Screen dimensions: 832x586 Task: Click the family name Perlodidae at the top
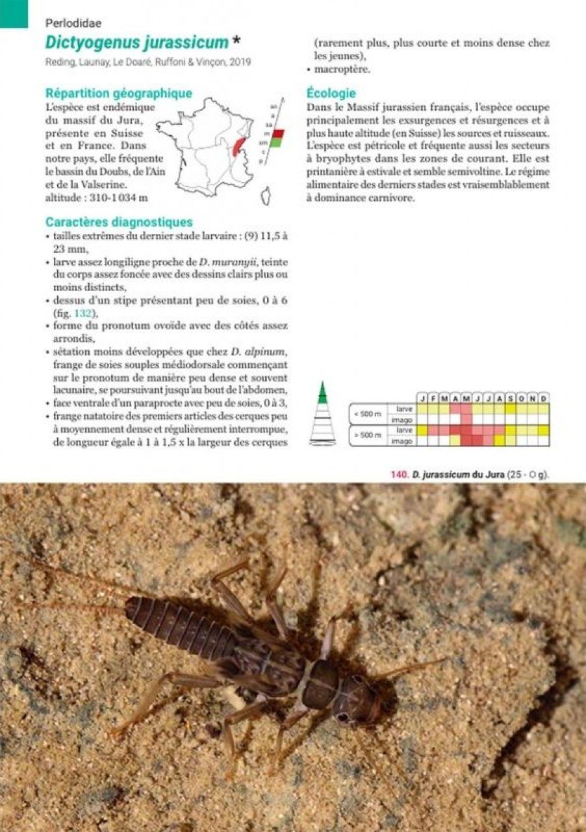coord(73,23)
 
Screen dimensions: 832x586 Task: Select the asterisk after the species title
coord(236,41)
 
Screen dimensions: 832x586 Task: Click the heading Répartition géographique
coord(118,93)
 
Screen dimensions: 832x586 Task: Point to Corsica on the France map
coord(265,194)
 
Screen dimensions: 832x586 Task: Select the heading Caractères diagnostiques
coord(118,222)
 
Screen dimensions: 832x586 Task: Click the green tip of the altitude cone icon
coord(322,391)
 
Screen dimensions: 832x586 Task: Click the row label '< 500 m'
coord(367,414)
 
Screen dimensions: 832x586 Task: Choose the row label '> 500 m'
coord(367,435)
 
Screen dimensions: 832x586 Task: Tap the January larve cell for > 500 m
coord(422,430)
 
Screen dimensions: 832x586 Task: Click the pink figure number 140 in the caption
coord(398,474)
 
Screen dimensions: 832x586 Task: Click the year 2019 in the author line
coord(241,62)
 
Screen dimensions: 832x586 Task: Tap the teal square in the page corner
coord(14,13)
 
